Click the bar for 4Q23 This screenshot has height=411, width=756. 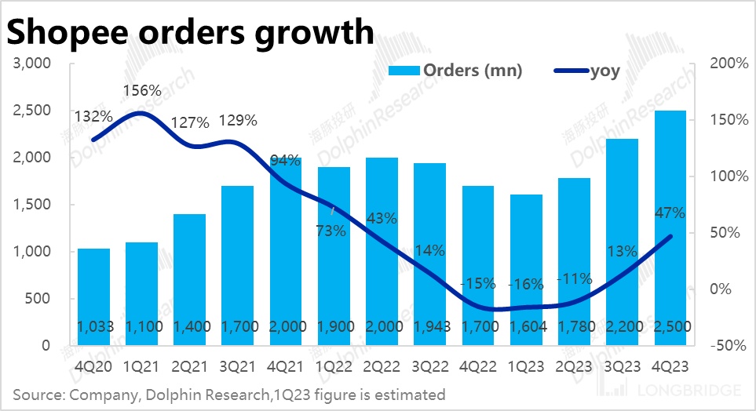(670, 227)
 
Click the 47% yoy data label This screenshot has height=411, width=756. (670, 213)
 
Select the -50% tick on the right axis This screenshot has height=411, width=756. (725, 346)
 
